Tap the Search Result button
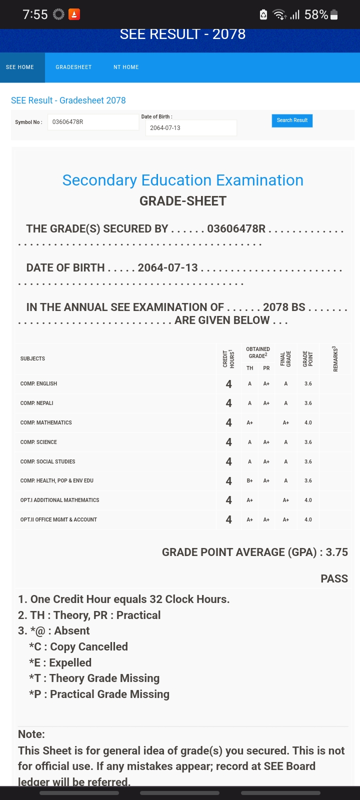pyautogui.click(x=292, y=120)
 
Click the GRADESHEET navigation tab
pyautogui.click(x=73, y=67)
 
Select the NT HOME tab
pyautogui.click(x=126, y=67)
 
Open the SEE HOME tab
pyautogui.click(x=20, y=67)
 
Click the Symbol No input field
pyautogui.click(x=93, y=122)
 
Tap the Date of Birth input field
pyautogui.click(x=191, y=128)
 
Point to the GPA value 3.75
pyautogui.click(x=336, y=552)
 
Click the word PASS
pyautogui.click(x=334, y=578)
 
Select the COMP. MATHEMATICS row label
pyautogui.click(x=46, y=422)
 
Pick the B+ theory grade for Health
pyautogui.click(x=249, y=480)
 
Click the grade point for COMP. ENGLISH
pyautogui.click(x=308, y=383)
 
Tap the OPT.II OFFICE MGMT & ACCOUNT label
pyautogui.click(x=58, y=519)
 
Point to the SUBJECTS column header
pyautogui.click(x=32, y=358)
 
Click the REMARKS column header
pyautogui.click(x=335, y=358)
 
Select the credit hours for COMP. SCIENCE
pyautogui.click(x=228, y=442)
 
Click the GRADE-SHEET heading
pyautogui.click(x=183, y=201)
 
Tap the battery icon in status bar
pyautogui.click(x=334, y=15)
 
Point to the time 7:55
pyautogui.click(x=35, y=14)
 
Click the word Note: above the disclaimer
pyautogui.click(x=31, y=734)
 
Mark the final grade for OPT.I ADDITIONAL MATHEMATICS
pyautogui.click(x=285, y=500)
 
